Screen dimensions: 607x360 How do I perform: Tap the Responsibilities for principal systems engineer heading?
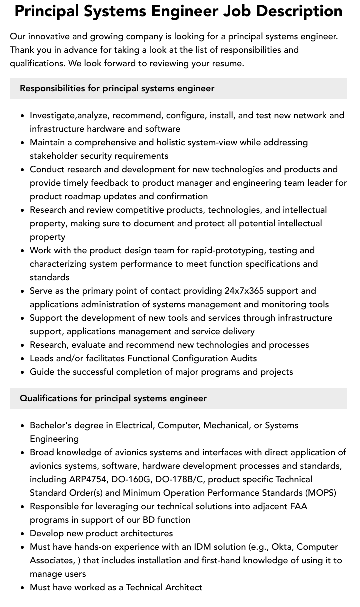click(x=117, y=88)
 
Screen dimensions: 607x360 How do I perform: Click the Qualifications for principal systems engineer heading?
click(x=113, y=398)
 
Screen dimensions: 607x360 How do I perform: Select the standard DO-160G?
click(x=132, y=479)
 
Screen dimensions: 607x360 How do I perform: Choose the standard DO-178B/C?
click(x=179, y=479)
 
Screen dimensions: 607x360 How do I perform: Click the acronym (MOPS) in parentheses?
click(x=318, y=493)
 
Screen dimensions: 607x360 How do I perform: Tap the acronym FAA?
click(x=297, y=506)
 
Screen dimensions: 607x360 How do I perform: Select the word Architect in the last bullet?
click(x=184, y=587)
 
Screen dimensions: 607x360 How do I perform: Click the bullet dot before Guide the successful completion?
click(x=23, y=372)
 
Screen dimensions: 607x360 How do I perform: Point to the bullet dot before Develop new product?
click(x=23, y=534)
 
